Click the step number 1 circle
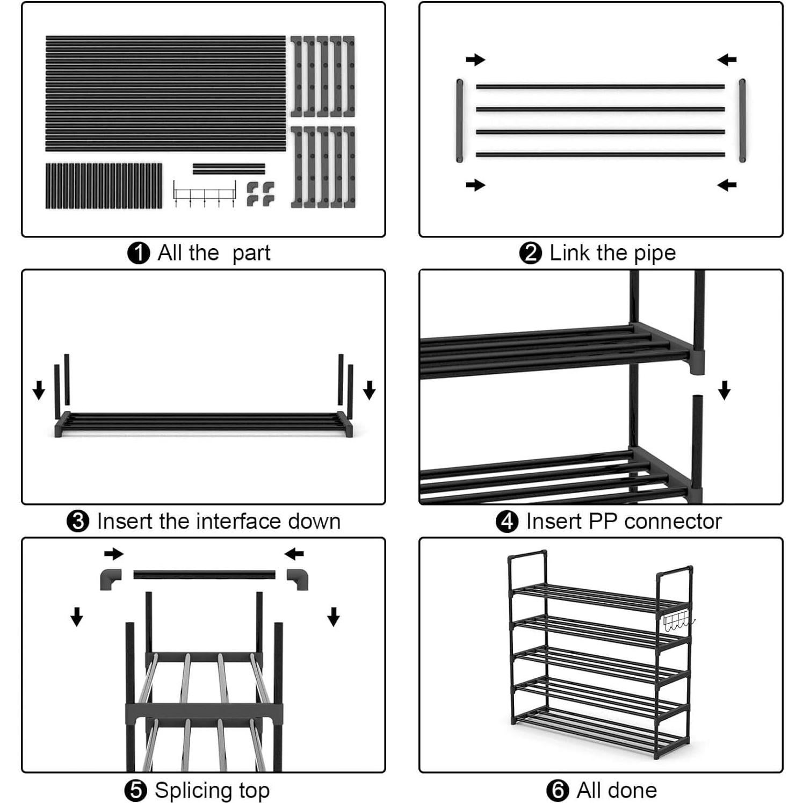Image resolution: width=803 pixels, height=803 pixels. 138,253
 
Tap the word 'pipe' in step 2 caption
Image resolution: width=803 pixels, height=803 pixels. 654,253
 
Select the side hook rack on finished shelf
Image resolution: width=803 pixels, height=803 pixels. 678,623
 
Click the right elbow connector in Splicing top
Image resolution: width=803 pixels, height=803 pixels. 298,579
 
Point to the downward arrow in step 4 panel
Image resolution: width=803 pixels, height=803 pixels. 724,390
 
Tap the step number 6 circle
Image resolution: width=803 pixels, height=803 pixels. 558,790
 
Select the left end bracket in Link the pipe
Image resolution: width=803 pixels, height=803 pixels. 460,120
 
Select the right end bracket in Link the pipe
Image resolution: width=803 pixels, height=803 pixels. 742,120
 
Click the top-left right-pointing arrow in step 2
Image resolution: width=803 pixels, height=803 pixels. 475,60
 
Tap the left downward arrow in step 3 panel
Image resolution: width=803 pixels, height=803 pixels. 39,390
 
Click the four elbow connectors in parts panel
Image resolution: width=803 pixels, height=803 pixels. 261,194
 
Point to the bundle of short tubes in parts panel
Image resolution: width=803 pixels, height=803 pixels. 104,186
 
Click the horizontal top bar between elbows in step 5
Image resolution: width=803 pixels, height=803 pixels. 204,575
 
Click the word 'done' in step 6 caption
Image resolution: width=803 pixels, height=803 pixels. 632,790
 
